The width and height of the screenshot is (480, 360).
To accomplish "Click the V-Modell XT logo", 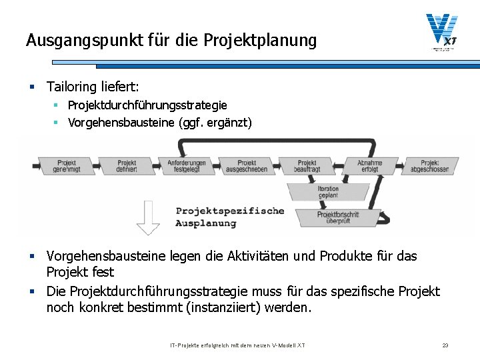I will (x=443, y=32).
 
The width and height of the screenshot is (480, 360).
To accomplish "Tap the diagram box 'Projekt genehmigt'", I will (x=67, y=166).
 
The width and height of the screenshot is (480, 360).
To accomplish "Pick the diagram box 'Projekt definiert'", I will (x=127, y=166).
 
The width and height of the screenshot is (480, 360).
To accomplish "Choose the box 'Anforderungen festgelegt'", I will (x=187, y=166).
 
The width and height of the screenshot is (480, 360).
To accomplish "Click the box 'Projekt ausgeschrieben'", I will (x=247, y=166).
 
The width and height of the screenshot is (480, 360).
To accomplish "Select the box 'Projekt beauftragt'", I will (x=307, y=166).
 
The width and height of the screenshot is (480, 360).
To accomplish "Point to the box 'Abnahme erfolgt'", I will (x=369, y=166).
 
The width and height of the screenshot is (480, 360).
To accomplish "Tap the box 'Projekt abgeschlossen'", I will (x=429, y=166).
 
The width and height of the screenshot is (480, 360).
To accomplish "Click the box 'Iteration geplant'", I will (x=328, y=192).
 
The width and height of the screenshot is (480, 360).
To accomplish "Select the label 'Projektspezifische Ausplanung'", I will (x=229, y=217).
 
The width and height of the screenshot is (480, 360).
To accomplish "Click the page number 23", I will (x=445, y=345).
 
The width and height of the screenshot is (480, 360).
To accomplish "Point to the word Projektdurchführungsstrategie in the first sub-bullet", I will (x=147, y=105).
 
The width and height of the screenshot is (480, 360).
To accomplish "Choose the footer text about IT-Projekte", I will (x=237, y=345).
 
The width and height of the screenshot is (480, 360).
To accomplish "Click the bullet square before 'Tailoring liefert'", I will (x=31, y=87).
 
